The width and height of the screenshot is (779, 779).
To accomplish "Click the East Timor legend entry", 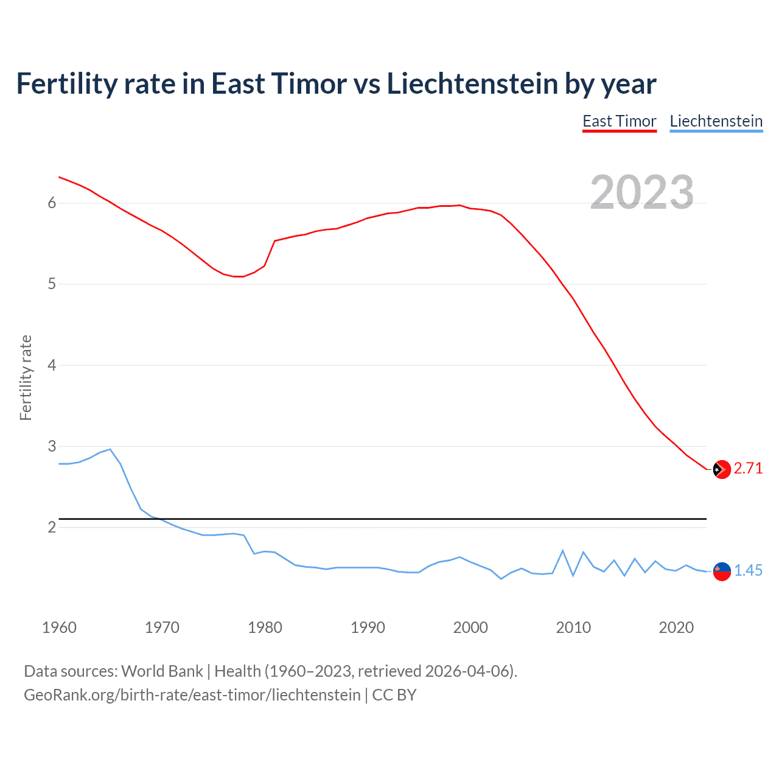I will click(x=620, y=122).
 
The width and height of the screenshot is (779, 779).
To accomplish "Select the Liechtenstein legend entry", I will click(x=716, y=122).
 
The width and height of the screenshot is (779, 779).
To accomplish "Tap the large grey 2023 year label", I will click(x=642, y=192).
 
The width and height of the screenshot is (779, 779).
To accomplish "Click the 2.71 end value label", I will click(x=748, y=469).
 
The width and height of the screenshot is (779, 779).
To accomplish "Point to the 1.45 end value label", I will click(x=748, y=571).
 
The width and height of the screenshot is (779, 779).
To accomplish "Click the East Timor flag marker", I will click(x=722, y=469).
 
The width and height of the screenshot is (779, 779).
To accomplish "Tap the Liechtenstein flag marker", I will click(x=722, y=571).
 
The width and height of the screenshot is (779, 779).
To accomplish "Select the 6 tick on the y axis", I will click(x=52, y=203).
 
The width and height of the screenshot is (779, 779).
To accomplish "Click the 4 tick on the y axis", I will click(x=52, y=366).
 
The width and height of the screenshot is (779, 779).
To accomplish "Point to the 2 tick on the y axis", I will click(x=52, y=528).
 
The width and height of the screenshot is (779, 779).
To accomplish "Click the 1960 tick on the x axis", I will click(x=59, y=627).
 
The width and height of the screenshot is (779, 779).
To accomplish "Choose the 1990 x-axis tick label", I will click(x=368, y=627).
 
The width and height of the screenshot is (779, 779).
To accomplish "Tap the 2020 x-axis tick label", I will click(x=676, y=627).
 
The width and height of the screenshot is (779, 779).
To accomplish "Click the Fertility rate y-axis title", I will click(x=26, y=377).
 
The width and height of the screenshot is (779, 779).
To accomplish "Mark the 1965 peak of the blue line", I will click(x=110, y=449).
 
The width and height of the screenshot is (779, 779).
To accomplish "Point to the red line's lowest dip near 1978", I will click(x=239, y=276).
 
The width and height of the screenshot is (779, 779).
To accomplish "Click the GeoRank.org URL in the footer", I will click(x=192, y=695).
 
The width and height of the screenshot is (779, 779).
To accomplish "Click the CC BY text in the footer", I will click(x=394, y=695).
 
